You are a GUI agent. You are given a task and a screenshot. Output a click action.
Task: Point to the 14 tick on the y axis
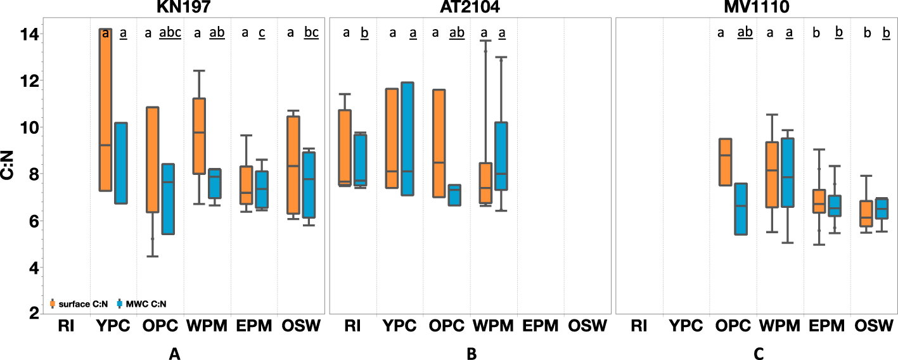29,34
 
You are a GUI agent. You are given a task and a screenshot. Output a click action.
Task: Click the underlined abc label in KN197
169,33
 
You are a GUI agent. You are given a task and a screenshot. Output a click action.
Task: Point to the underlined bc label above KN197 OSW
311,33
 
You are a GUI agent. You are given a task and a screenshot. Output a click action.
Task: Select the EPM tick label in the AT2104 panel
541,326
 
